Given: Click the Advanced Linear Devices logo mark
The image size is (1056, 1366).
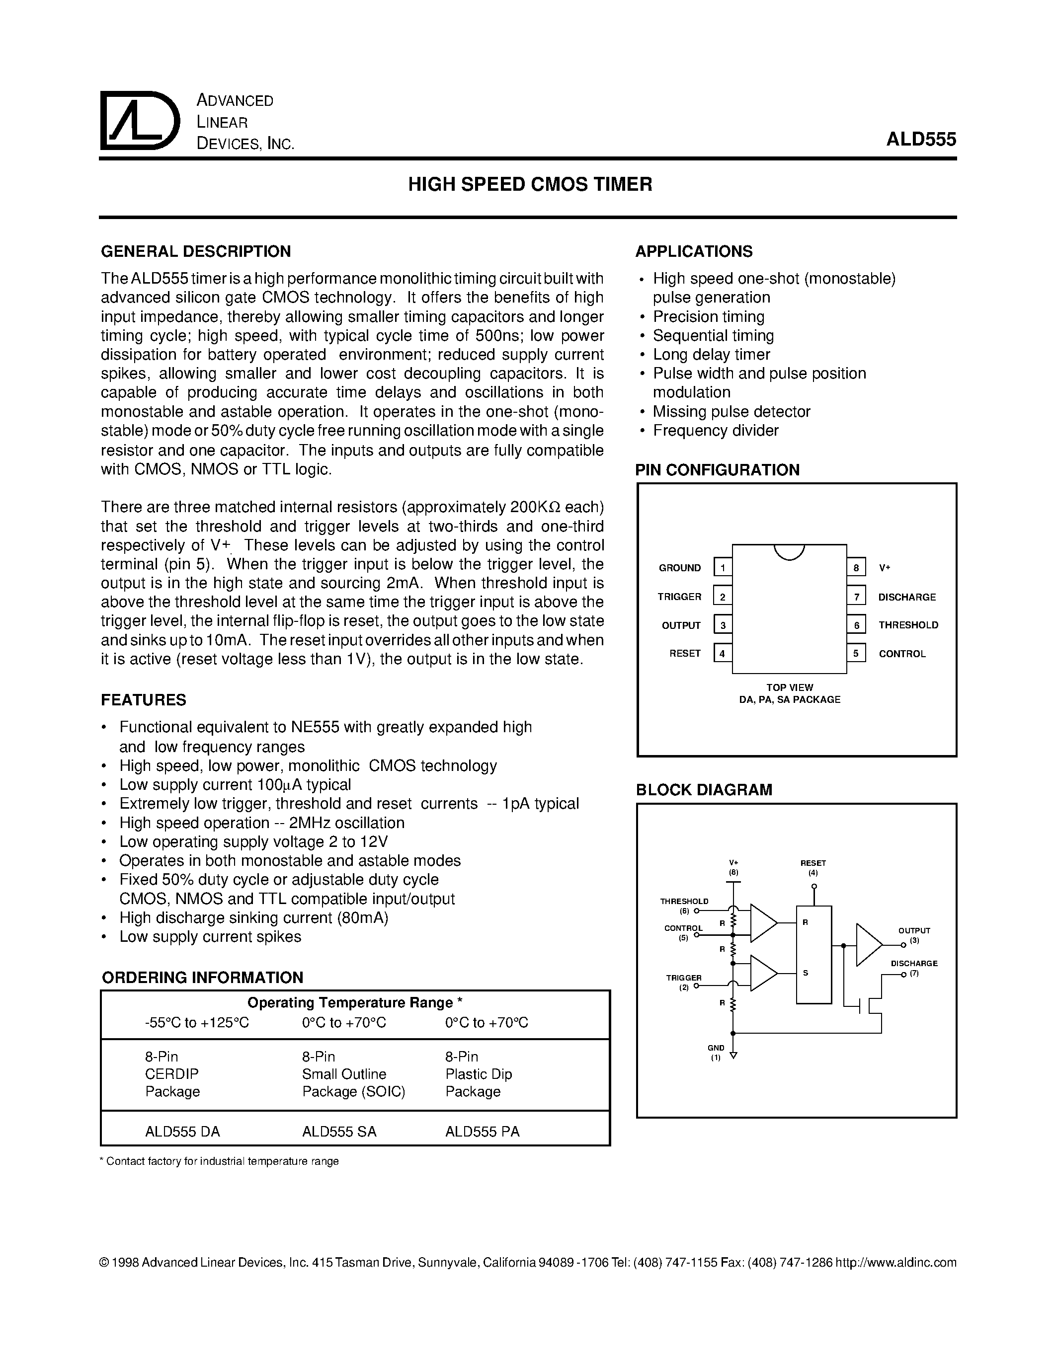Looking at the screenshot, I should (139, 121).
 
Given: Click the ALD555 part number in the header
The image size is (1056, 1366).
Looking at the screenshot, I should (920, 139).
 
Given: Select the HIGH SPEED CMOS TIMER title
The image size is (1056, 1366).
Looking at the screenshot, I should (530, 184).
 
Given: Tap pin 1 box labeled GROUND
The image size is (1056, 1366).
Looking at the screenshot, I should (723, 567).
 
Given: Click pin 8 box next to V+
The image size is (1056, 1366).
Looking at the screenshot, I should (856, 567).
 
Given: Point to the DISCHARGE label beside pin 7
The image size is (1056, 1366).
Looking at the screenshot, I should (906, 597).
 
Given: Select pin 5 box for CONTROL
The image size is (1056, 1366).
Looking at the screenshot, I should (856, 653).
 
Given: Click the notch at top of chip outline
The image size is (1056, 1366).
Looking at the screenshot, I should (789, 551).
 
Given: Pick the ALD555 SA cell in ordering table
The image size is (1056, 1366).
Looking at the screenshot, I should (339, 1132).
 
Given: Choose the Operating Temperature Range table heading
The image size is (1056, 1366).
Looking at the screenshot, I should (355, 1002).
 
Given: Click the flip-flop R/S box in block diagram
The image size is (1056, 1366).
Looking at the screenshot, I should (813, 954).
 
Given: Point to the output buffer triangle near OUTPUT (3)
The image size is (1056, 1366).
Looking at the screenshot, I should (868, 944).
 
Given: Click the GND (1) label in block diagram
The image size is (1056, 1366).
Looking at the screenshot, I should (716, 1053).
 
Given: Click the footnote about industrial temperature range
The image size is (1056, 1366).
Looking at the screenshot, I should (219, 1161).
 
